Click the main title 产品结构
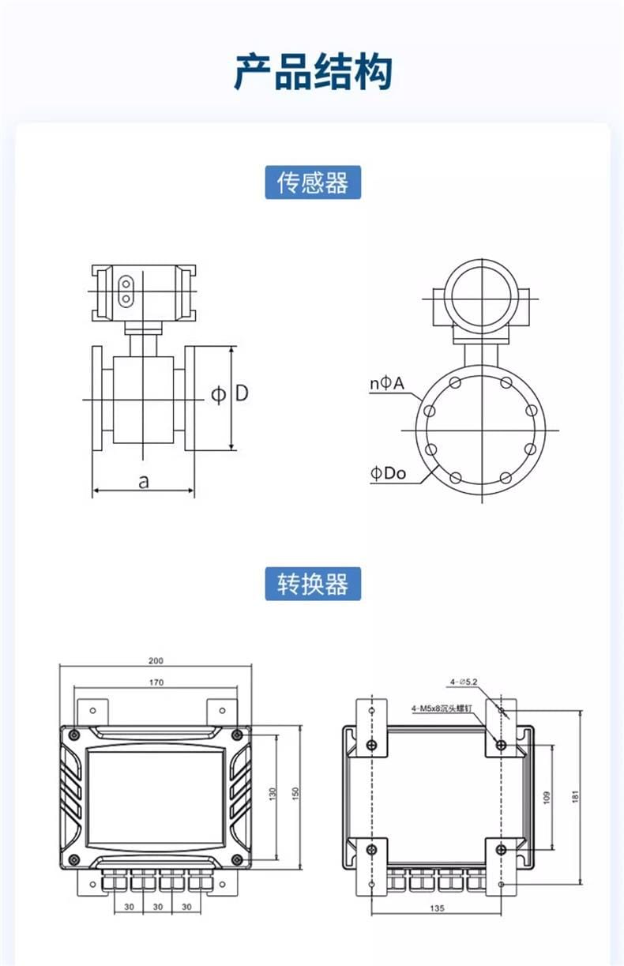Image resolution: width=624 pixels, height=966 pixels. click(x=313, y=73)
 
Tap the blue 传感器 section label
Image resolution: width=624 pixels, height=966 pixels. click(x=312, y=182)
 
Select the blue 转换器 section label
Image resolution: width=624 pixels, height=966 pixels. click(x=312, y=584)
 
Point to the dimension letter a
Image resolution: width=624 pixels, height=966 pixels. click(x=143, y=481)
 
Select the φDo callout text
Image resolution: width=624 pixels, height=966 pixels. click(x=388, y=473)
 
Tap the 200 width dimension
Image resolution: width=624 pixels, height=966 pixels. click(x=156, y=660)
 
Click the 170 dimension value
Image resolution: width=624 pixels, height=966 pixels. click(x=156, y=682)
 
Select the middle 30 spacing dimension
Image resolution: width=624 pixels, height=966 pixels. click(x=157, y=907)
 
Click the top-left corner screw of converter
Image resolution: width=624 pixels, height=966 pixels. click(x=73, y=735)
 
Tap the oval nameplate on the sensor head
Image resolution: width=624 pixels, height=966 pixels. click(x=125, y=291)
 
